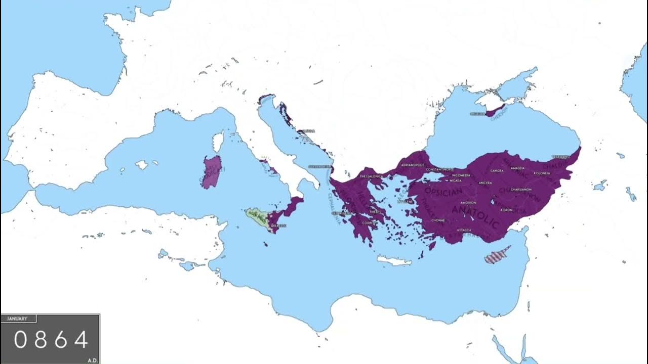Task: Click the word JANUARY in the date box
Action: [18, 319]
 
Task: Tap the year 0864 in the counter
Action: [51, 340]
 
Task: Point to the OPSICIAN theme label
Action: [443, 192]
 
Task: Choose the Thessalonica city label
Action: [371, 176]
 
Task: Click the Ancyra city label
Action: [485, 183]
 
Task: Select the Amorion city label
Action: [468, 202]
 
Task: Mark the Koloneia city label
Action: [541, 173]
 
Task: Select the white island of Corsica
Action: [219, 142]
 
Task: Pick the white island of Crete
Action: [395, 261]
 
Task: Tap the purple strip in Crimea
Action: [496, 111]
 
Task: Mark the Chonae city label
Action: [438, 220]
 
